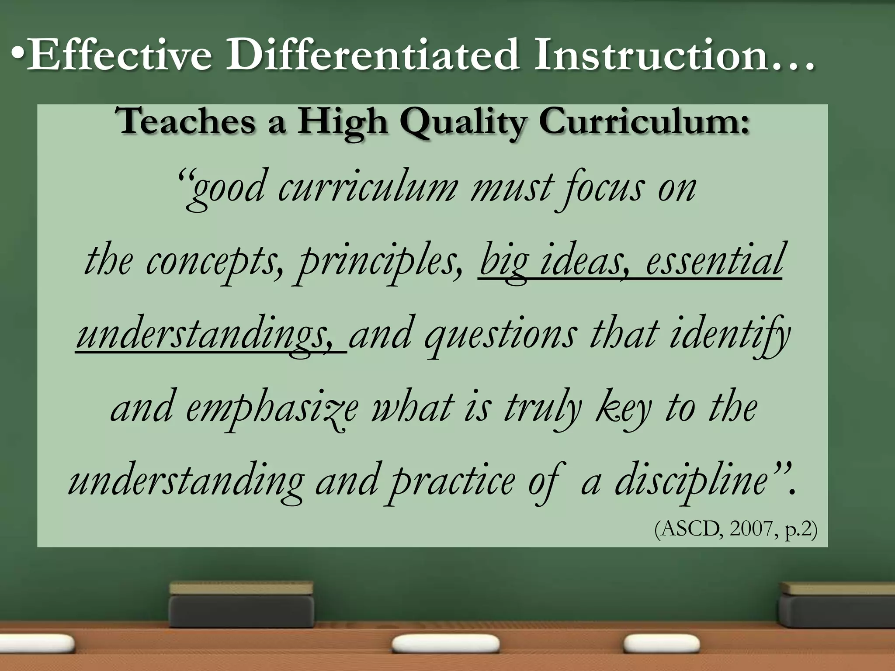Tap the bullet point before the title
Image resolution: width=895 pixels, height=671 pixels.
coord(17,55)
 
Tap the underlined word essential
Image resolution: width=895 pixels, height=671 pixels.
coord(714,261)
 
